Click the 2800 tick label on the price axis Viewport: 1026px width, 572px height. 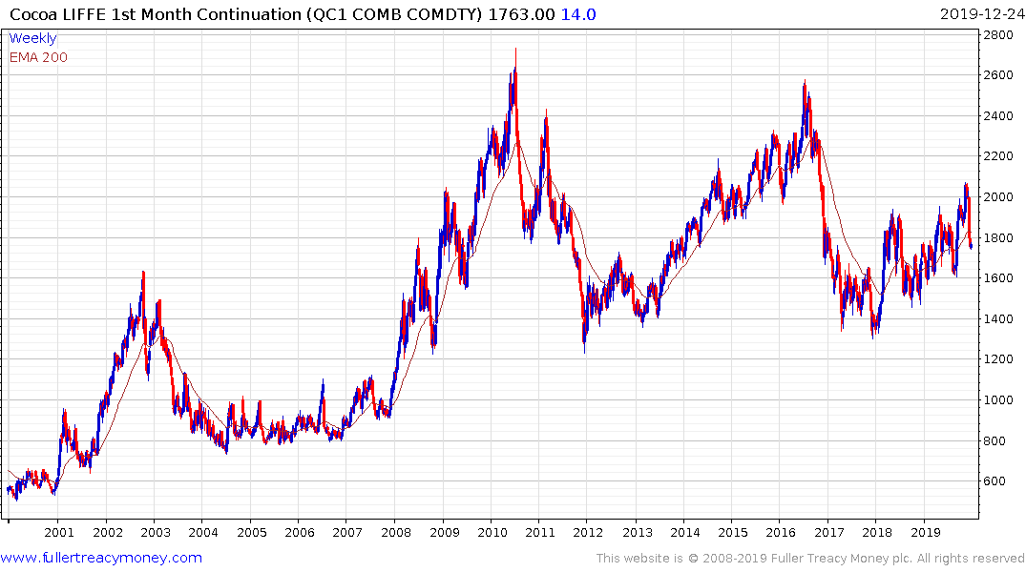point(999,34)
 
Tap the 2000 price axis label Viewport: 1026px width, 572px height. point(999,197)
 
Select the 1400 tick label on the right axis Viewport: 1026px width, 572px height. point(999,319)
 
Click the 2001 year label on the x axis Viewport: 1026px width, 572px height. point(59,532)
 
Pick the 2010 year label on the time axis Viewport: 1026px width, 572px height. point(492,532)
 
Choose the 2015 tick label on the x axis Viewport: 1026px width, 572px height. point(732,532)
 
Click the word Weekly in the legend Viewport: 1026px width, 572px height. point(32,39)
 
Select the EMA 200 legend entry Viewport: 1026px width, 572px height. point(38,57)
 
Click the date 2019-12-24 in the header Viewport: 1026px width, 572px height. point(979,13)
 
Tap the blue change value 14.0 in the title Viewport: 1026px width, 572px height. point(580,13)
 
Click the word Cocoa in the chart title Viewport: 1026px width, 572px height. point(31,13)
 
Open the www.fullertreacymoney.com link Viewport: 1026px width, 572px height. point(101,558)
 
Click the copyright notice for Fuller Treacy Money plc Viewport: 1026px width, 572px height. point(810,559)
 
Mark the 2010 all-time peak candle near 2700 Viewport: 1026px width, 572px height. point(515,50)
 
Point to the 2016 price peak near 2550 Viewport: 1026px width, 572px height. point(805,83)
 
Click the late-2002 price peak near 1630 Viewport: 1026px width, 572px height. point(143,273)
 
